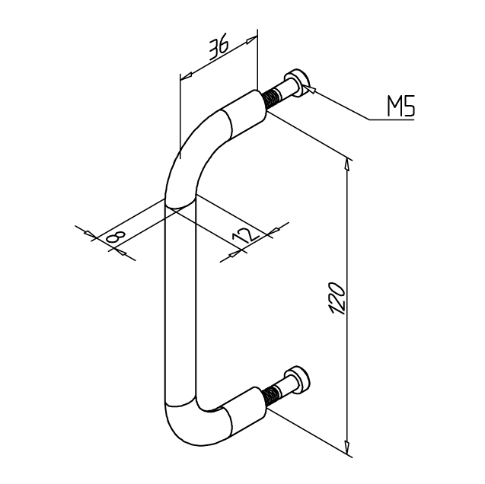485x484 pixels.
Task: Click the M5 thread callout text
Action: [x=400, y=107]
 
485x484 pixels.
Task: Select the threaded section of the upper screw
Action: [x=273, y=97]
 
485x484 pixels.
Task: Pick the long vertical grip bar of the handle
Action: [x=180, y=304]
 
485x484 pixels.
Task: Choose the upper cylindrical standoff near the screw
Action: [x=245, y=112]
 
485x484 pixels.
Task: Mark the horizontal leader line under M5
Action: [x=392, y=119]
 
